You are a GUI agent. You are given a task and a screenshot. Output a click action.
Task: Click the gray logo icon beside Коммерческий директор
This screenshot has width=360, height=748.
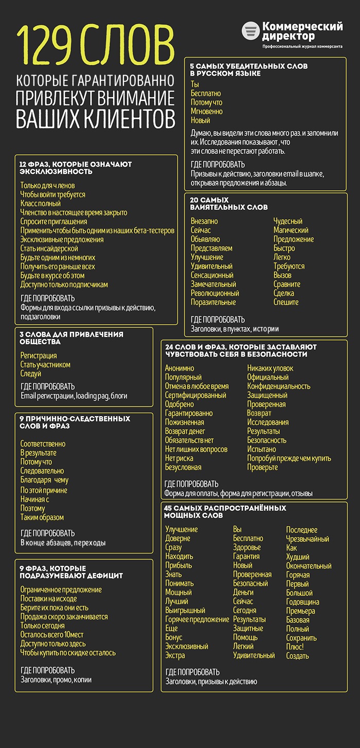(x=250, y=31)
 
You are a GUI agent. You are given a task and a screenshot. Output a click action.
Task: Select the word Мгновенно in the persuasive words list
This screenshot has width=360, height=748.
(x=207, y=111)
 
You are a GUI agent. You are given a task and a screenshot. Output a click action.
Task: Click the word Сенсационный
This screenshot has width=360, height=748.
(x=212, y=275)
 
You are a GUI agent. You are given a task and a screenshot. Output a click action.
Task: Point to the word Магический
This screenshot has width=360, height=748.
(x=291, y=230)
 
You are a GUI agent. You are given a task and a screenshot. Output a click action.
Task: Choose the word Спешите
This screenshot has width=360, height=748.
(x=286, y=302)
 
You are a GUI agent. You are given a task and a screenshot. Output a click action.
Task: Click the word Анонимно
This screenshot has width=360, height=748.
(x=179, y=368)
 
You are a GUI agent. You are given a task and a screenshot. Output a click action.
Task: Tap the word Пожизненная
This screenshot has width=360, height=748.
(x=184, y=422)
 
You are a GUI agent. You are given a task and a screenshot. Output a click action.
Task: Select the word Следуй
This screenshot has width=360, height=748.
(x=30, y=373)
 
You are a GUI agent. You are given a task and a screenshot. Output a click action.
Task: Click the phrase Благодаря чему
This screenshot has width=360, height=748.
(x=44, y=480)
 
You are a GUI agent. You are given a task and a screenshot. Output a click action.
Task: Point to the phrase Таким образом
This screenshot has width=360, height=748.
(x=42, y=517)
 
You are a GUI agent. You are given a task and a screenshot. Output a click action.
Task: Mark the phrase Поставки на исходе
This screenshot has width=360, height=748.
(x=48, y=599)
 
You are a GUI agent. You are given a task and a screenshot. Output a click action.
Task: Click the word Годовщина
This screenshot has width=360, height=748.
(x=302, y=602)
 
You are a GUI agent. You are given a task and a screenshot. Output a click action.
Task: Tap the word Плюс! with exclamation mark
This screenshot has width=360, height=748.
(x=295, y=647)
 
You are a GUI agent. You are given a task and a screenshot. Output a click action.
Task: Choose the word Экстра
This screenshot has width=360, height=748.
(x=175, y=655)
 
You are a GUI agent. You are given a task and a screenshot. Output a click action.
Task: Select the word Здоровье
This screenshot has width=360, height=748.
(x=247, y=547)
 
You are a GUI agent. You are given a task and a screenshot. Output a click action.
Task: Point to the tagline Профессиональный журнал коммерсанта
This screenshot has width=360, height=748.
(x=302, y=46)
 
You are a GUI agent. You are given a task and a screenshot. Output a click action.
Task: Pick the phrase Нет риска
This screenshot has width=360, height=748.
(x=179, y=458)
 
